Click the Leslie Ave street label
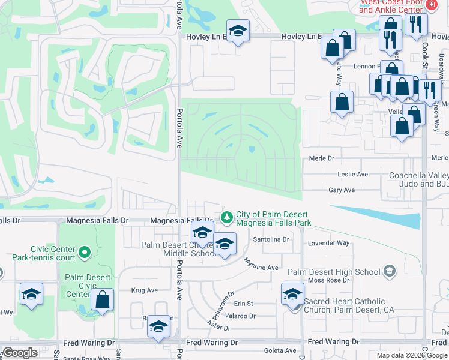(x=354, y=174)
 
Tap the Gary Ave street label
(x=342, y=190)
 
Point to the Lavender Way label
(x=328, y=243)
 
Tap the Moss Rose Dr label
(x=328, y=280)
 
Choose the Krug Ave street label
(x=144, y=290)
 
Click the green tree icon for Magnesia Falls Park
(x=227, y=216)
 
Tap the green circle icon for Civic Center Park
(x=85, y=252)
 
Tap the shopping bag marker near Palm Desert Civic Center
(x=103, y=299)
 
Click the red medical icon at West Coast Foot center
(x=430, y=5)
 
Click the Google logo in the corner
(x=19, y=352)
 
